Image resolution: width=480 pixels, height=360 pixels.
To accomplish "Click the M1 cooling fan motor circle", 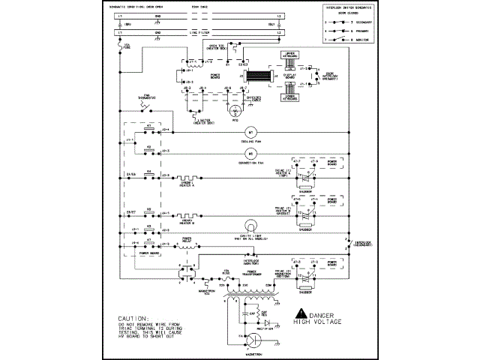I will pyautogui.click(x=252, y=131).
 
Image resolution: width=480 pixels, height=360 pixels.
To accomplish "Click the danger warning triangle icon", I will pyautogui.click(x=301, y=313).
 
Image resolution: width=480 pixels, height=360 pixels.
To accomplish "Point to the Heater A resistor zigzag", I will pyautogui.click(x=187, y=178).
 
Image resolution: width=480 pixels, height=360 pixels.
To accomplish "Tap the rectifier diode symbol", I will pyautogui.click(x=266, y=321).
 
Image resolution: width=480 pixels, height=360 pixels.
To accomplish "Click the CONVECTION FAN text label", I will pyautogui.click(x=252, y=162).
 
